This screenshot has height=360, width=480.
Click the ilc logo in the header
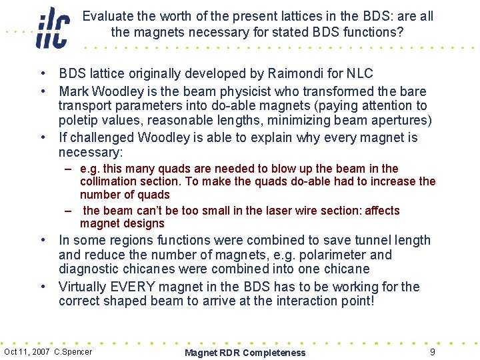(x=53, y=27)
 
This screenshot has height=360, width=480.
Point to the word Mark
(x=73, y=91)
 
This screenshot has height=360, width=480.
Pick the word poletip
(x=79, y=120)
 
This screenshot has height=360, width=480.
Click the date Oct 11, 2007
(x=27, y=351)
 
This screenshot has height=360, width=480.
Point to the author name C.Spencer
(x=73, y=351)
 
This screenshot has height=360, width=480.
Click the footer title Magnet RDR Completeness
(x=245, y=353)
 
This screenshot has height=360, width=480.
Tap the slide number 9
(x=433, y=351)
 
